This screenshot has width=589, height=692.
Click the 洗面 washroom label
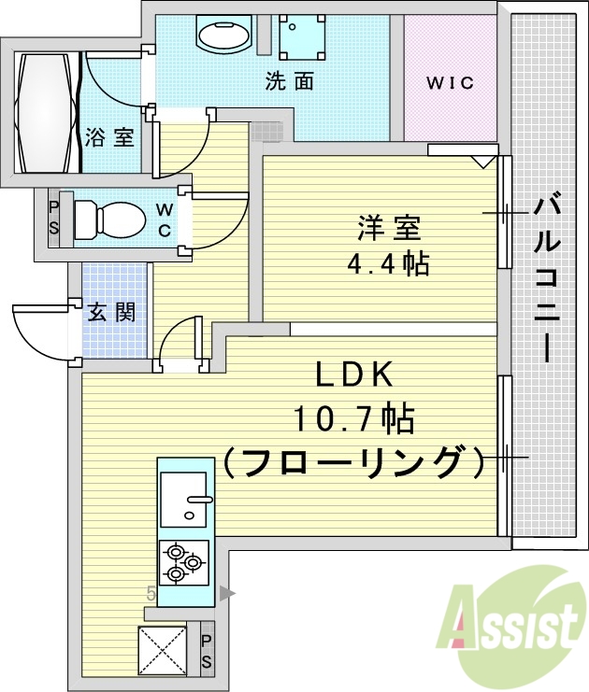click(x=289, y=82)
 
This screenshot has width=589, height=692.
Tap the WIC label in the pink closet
click(x=450, y=83)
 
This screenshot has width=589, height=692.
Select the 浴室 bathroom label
click(x=109, y=137)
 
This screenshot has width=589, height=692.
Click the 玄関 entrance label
click(x=111, y=312)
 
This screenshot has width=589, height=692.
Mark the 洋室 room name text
click(x=388, y=227)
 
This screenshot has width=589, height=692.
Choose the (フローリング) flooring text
click(x=354, y=461)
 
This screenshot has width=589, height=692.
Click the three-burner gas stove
click(x=184, y=561)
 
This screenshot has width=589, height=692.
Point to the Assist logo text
click(x=515, y=626)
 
